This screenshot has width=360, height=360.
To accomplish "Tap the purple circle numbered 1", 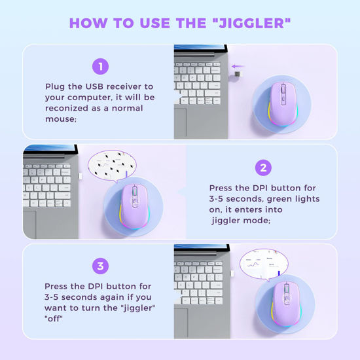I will (99, 66).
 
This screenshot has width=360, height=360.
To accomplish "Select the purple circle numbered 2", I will (262, 168).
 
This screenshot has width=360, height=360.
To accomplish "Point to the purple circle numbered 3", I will (99, 266).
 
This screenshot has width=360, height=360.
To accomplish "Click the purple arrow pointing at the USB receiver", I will (243, 65).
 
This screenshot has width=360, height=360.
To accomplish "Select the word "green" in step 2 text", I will (277, 198).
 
